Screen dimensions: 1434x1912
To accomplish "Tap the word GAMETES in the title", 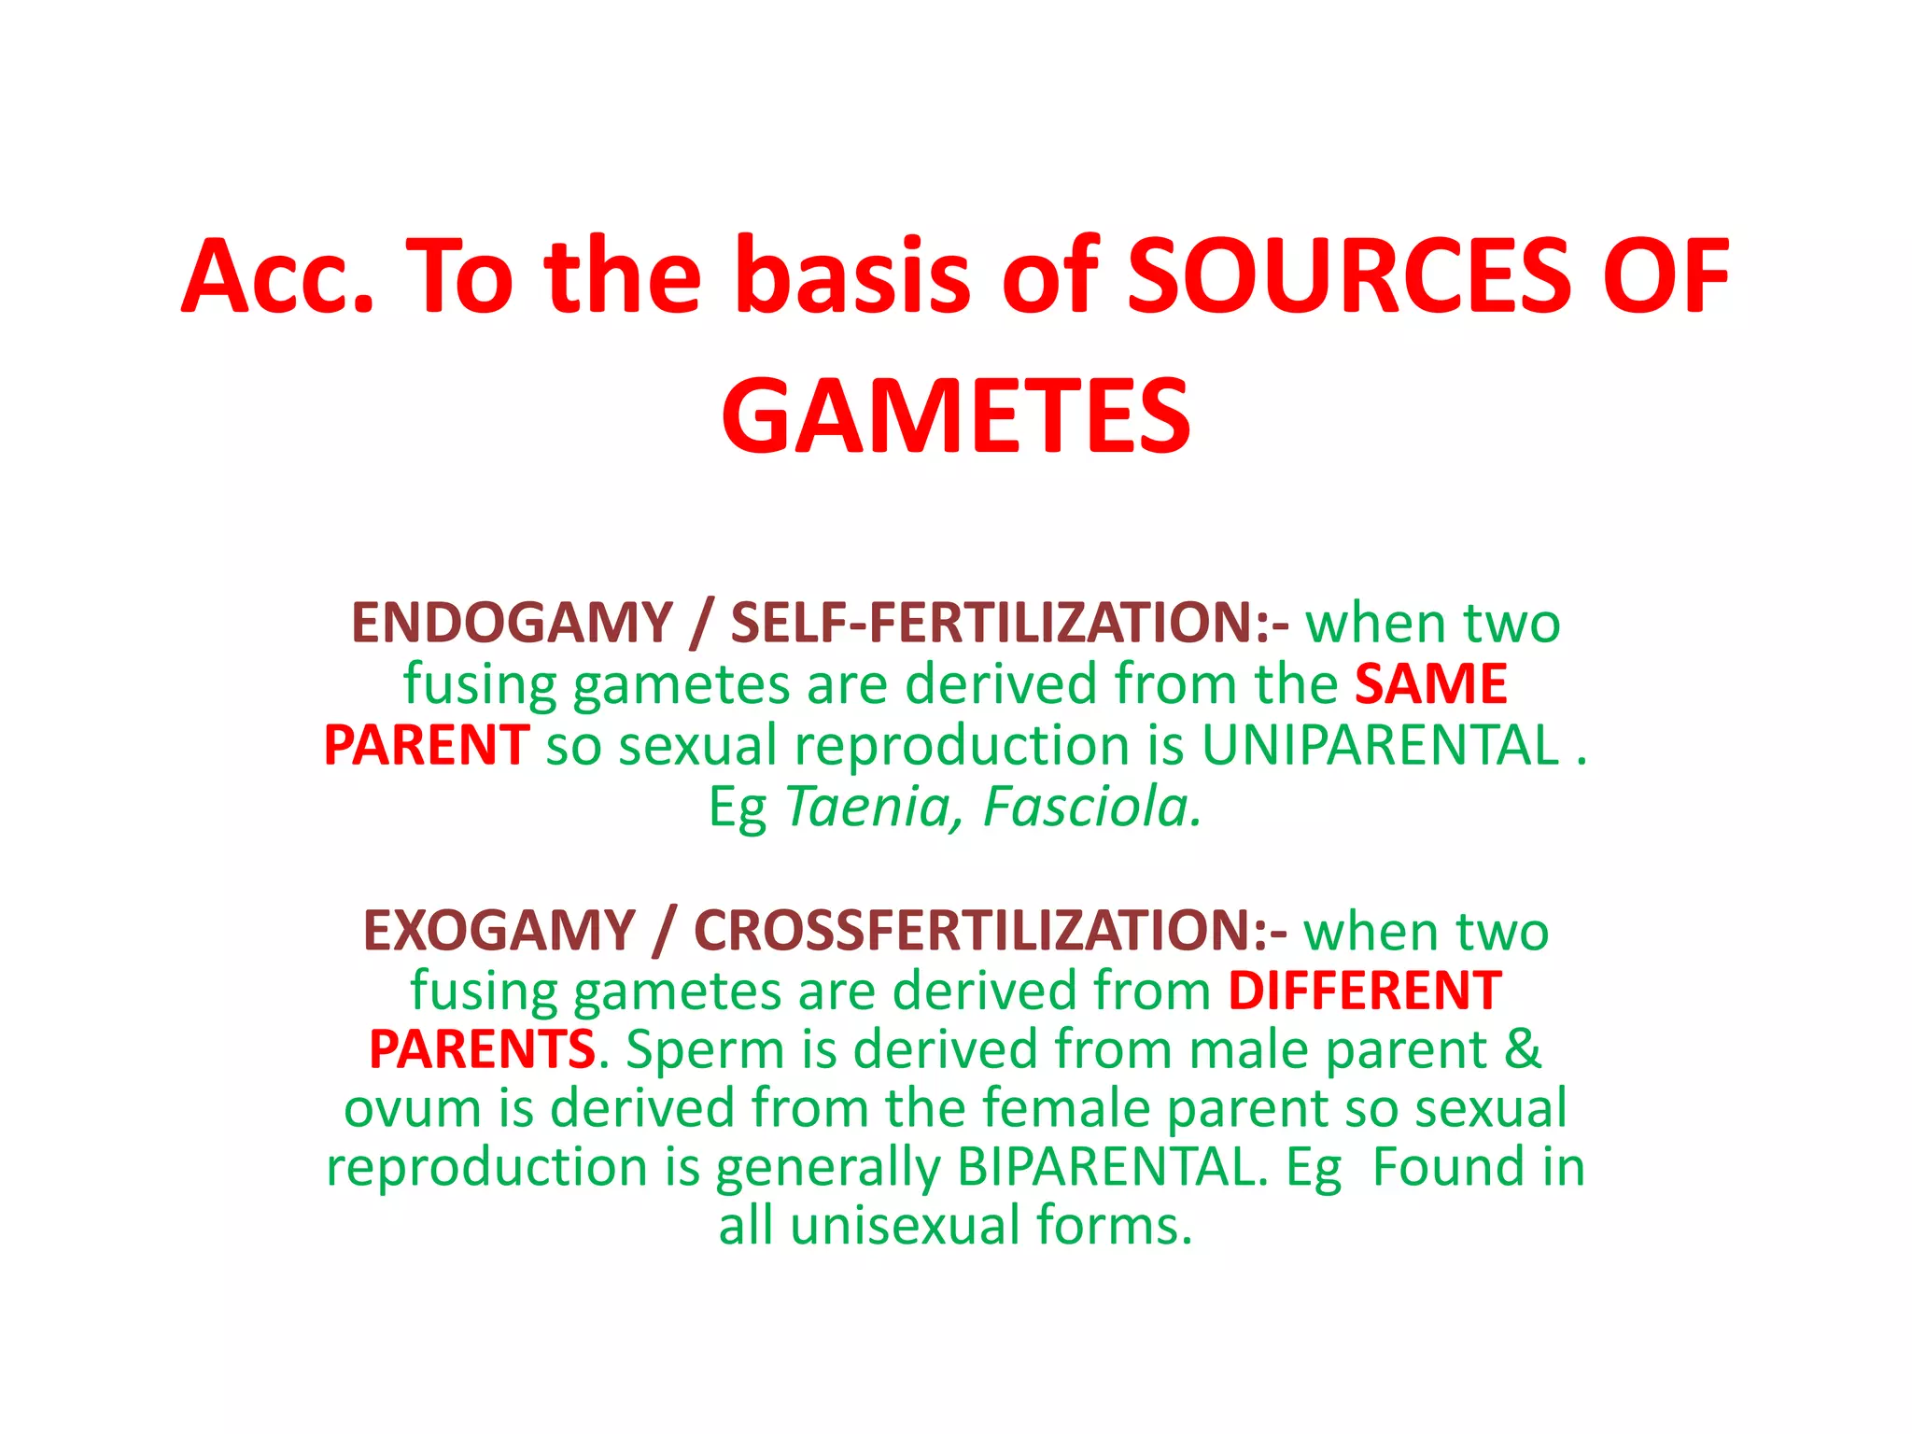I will click(956, 416).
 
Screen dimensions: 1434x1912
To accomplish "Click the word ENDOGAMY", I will click(512, 623).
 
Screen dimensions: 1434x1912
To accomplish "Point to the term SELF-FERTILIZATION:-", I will click(1009, 623).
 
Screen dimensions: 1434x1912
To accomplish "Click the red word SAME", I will click(1430, 684).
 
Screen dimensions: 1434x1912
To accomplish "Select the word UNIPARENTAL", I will click(1380, 746).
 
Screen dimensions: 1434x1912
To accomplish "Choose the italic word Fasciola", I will click(1092, 808).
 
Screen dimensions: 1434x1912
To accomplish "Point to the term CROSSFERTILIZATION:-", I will click(991, 931).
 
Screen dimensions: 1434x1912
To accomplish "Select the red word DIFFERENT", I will click(1364, 991).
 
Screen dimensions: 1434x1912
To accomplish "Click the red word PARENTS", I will click(482, 1049).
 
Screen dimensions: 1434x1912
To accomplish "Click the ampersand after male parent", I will click(1523, 1049).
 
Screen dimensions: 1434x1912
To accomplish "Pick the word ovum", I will click(413, 1108).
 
